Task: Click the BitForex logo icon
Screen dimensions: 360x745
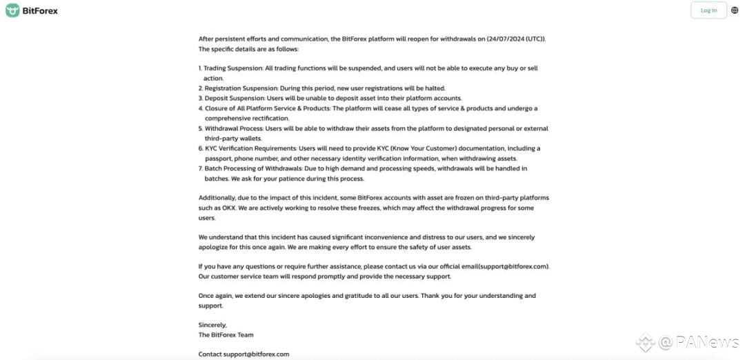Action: point(12,10)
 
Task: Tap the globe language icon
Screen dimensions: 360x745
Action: point(735,10)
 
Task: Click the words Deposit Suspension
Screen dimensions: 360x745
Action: point(234,98)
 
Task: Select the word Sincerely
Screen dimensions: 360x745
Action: point(212,325)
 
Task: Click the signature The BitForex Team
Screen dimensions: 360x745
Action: point(226,335)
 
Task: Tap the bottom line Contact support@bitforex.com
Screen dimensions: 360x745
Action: point(244,354)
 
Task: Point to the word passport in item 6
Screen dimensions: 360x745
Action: point(219,158)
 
